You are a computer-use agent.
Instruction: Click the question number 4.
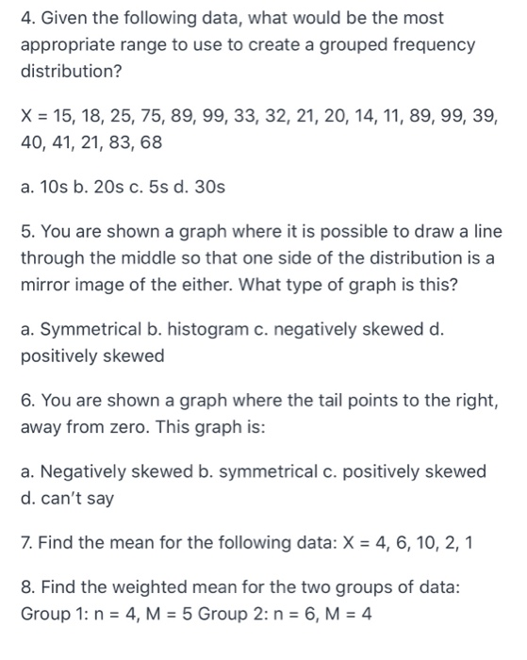[x=27, y=18]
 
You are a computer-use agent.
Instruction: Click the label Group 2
[x=275, y=613]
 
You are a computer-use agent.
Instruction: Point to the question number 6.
[x=27, y=401]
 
